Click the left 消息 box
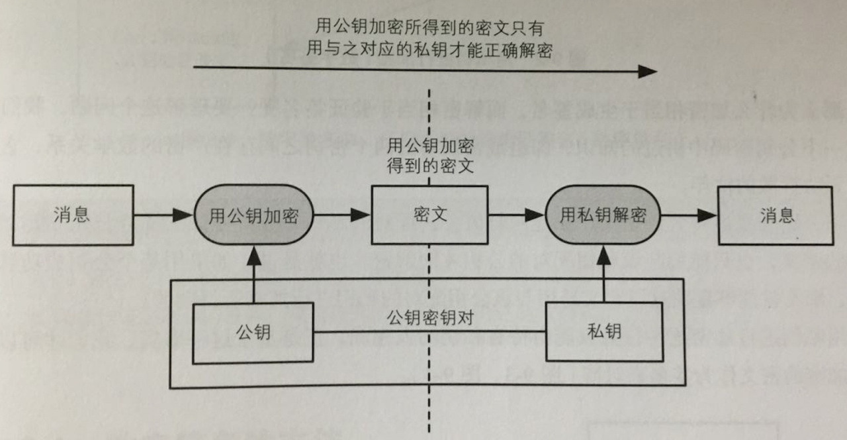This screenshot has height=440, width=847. pos(73,215)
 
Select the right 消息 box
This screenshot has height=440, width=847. pos(776,215)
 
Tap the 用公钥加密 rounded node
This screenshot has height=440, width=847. pos(253,215)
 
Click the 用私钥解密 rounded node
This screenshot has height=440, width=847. pos(603,215)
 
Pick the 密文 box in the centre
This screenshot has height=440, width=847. pos(429,215)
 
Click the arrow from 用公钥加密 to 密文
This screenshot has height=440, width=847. pos(341,215)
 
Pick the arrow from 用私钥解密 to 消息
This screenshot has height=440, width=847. pos(689,215)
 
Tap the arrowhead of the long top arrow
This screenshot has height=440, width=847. pos(647,72)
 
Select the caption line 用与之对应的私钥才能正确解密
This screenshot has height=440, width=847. pos(429,50)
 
